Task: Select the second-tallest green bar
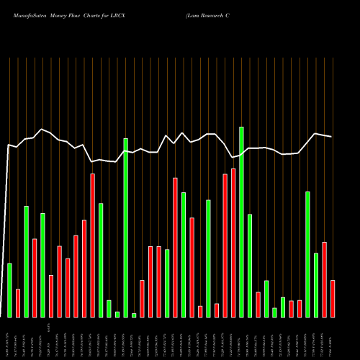[125, 228]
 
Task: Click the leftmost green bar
[9, 289]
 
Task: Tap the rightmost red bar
[333, 298]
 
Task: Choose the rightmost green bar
[316, 284]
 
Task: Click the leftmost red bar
[17, 302]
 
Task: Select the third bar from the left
[26, 261]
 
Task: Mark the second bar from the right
[324, 279]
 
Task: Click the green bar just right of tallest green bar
[250, 265]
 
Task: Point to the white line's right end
[332, 137]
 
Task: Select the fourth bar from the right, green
[307, 254]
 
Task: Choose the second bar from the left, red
[17, 302]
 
